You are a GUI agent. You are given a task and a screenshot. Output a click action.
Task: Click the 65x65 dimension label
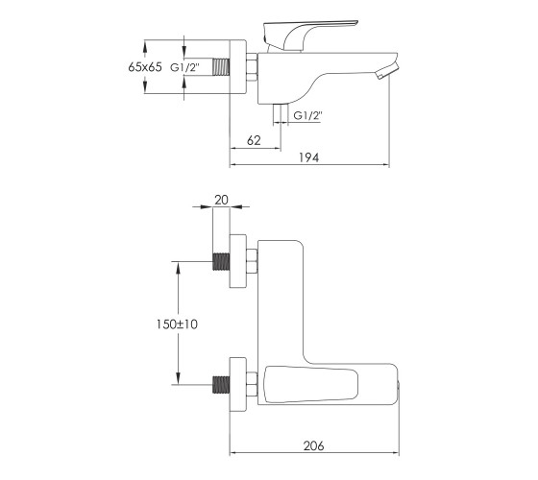point(145,67)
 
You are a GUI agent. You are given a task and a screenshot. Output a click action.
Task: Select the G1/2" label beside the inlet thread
point(184,67)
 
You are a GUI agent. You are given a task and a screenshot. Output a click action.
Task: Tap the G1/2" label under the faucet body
point(307,115)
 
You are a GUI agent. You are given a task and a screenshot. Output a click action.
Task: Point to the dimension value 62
point(254,140)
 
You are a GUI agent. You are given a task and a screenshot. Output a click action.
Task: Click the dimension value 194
point(308,157)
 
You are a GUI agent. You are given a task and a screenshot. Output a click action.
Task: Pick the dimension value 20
point(221,200)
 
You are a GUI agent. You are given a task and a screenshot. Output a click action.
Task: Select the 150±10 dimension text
point(177,324)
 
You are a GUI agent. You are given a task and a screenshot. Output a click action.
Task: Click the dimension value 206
point(313,445)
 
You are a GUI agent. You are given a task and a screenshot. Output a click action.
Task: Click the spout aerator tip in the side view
point(387,71)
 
